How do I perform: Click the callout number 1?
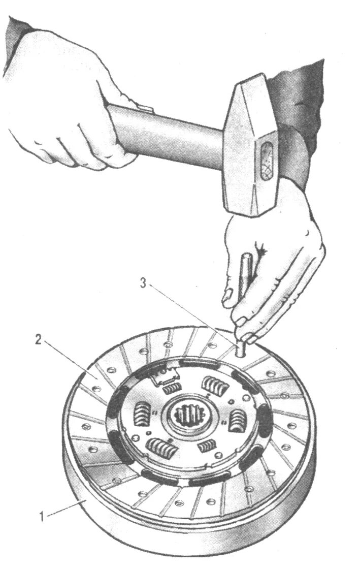click(x=44, y=518)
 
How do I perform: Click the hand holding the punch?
click(x=274, y=254)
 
